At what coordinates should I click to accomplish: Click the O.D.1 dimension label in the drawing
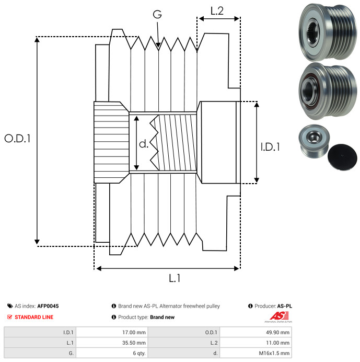(x=18, y=139)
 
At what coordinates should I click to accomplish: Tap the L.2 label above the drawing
(x=217, y=10)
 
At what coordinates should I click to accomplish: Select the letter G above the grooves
(x=156, y=15)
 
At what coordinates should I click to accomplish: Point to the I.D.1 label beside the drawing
(x=270, y=148)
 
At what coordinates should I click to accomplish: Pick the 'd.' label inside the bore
(x=144, y=144)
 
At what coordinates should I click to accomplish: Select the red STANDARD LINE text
(x=33, y=317)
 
